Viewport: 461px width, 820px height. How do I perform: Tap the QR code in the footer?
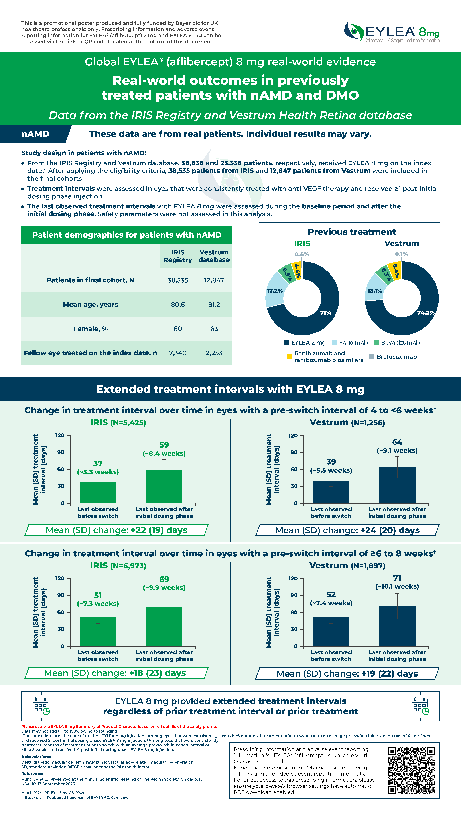pyautogui.click(x=411, y=771)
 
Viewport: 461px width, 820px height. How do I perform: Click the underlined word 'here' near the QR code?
pyautogui.click(x=269, y=767)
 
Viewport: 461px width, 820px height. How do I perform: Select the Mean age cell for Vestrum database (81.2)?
pyautogui.click(x=214, y=304)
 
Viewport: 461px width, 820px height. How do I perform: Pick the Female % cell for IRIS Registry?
pyautogui.click(x=177, y=329)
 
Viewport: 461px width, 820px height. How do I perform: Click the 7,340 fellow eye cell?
pyautogui.click(x=177, y=353)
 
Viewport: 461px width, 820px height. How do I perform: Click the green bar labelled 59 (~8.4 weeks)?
pyautogui.click(x=164, y=486)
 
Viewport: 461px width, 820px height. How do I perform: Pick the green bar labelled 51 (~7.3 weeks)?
pyautogui.click(x=98, y=632)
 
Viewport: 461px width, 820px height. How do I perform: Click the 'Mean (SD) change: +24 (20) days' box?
pyautogui.click(x=347, y=530)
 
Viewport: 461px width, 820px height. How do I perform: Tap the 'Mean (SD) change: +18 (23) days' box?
pyautogui.click(x=116, y=673)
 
